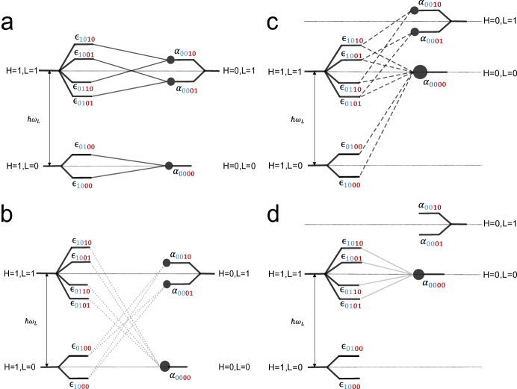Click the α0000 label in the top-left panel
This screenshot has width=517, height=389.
(184, 171)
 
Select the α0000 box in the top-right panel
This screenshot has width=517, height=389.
(434, 81)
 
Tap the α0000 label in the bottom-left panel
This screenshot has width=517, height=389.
(180, 375)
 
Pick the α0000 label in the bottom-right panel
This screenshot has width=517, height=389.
(433, 282)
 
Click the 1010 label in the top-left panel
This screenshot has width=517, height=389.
(87, 40)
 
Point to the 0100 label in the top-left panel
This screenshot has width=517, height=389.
(87, 148)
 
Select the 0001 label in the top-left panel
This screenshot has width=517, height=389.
(190, 91)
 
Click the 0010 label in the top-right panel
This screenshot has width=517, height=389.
(433, 5)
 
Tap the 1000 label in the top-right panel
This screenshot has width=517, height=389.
(352, 186)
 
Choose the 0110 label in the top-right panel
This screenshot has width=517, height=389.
(353, 90)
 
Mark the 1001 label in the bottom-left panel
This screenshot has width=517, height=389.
(83, 258)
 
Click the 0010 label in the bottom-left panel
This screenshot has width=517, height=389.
(183, 258)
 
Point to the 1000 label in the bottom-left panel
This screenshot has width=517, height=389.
(81, 387)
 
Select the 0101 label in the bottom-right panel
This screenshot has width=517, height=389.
(353, 306)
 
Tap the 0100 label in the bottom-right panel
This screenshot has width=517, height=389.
(354, 349)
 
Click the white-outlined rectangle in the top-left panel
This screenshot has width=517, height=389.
(31, 71)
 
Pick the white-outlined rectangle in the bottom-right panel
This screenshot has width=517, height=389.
(294, 274)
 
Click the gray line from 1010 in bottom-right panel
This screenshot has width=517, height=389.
(387, 261)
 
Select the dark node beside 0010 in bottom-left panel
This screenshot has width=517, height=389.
(167, 263)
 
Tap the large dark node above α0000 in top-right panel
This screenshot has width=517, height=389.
(420, 72)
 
